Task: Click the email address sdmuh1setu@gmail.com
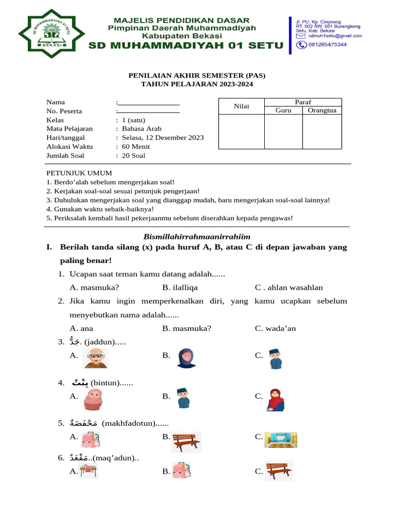[336, 36]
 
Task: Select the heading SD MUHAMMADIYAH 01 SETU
[186, 46]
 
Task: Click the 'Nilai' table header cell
[241, 106]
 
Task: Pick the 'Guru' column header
[283, 110]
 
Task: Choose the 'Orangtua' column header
[322, 110]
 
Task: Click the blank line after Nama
[149, 103]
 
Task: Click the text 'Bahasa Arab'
[142, 129]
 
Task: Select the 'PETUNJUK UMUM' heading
[79, 173]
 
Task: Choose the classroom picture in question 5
[281, 440]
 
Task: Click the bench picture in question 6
[279, 471]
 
